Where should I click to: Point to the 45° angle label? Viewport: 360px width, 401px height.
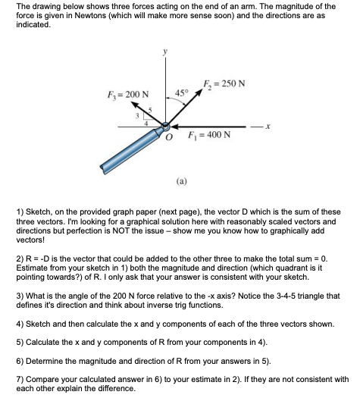(x=180, y=93)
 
